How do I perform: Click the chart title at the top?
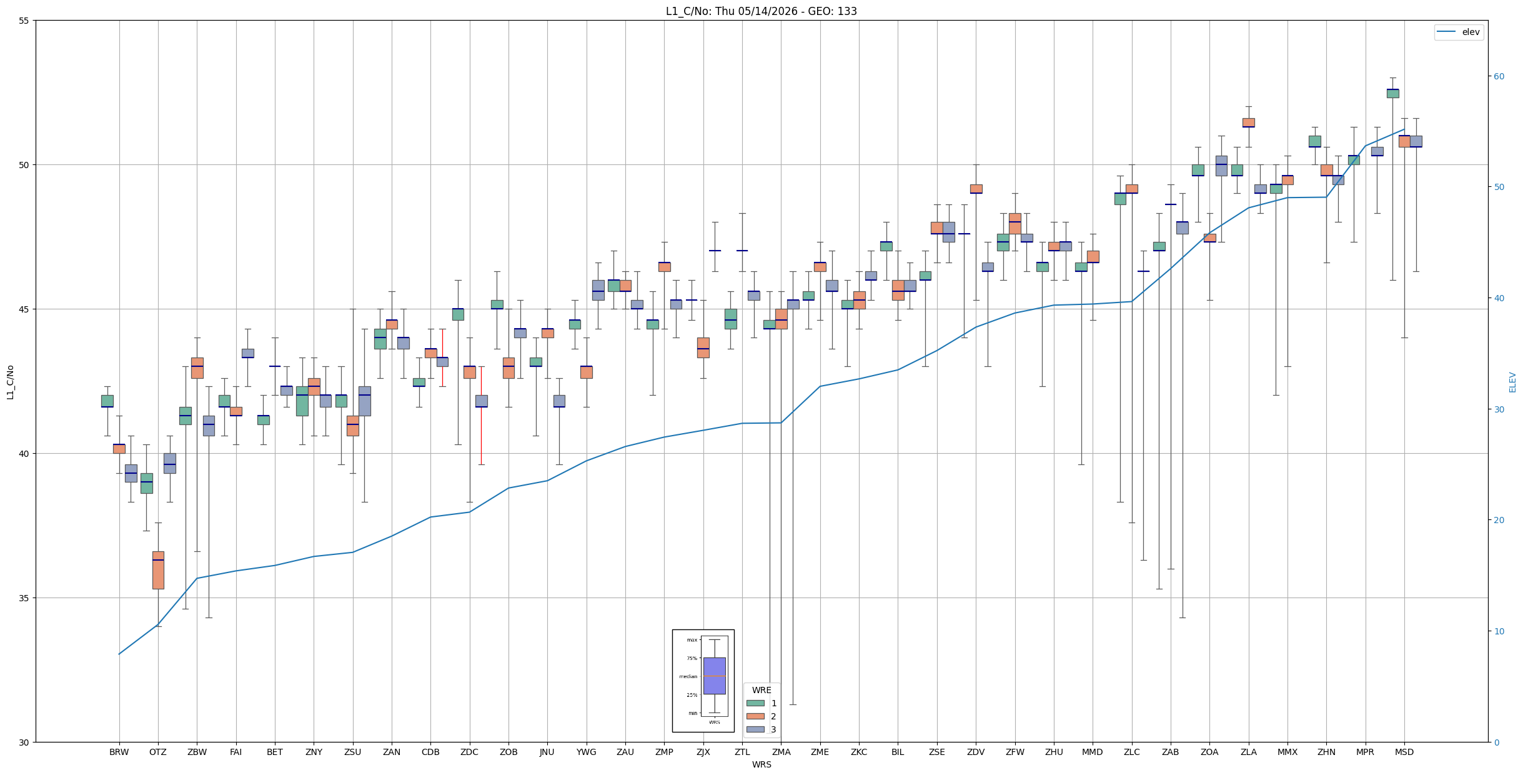[x=761, y=11]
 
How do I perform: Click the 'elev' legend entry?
[x=1458, y=32]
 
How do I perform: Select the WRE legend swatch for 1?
[x=755, y=703]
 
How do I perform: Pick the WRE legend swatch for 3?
[x=755, y=729]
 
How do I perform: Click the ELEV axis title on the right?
[x=1512, y=382]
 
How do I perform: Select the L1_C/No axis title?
[x=11, y=382]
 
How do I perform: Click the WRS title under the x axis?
[x=761, y=764]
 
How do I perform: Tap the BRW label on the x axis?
[x=119, y=752]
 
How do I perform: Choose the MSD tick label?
[x=1404, y=752]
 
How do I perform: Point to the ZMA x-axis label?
[x=781, y=752]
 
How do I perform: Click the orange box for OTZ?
[x=158, y=570]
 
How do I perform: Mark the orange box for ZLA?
[x=1248, y=122]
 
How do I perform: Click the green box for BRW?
[x=107, y=401]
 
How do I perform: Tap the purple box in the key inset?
[x=714, y=676]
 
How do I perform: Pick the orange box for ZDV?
[x=976, y=189]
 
